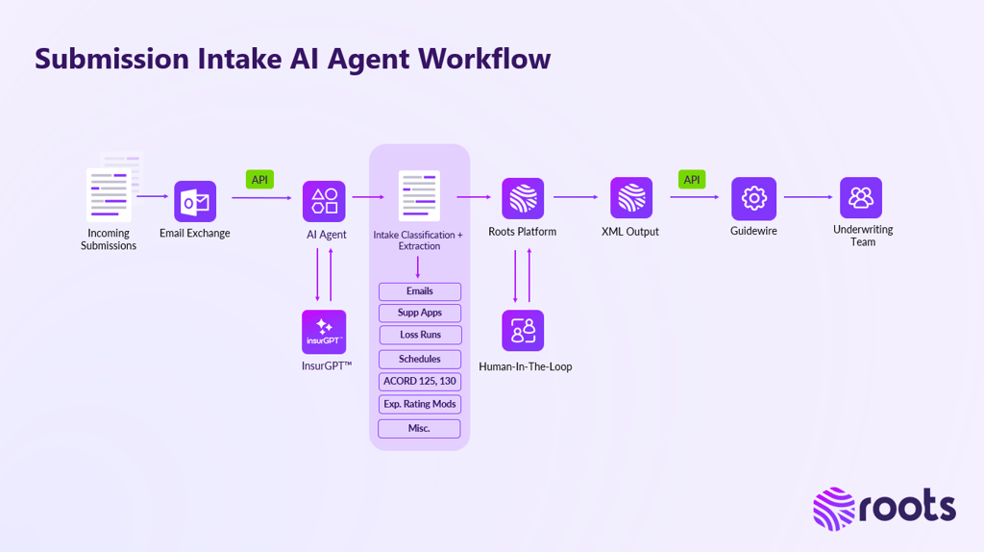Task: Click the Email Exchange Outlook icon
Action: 195,202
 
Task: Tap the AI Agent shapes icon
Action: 324,201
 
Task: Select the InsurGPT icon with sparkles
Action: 324,332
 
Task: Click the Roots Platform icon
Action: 523,198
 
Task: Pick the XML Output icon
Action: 631,198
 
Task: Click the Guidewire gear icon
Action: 753,198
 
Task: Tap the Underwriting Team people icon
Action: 861,197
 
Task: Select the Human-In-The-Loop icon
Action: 523,330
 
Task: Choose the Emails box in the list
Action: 420,291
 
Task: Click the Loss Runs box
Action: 420,335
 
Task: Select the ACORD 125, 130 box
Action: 420,382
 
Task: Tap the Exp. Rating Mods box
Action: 420,405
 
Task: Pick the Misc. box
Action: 420,429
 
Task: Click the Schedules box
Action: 420,359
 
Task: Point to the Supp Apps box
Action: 420,313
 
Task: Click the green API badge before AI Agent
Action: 259,180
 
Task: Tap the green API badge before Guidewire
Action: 692,180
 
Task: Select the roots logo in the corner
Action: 884,508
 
